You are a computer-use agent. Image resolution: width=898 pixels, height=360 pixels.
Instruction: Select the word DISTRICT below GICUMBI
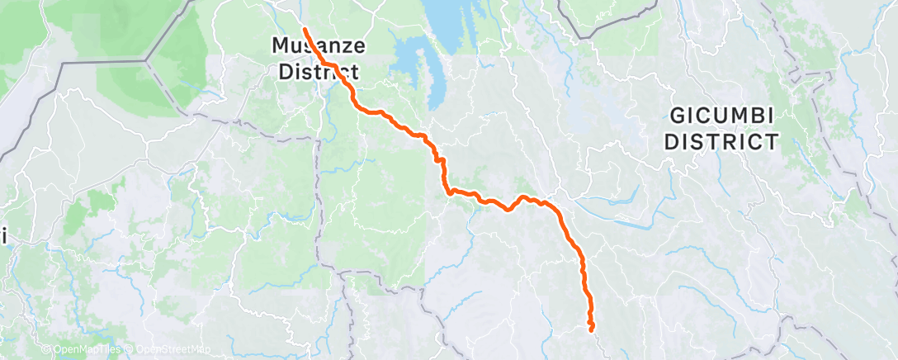(x=721, y=141)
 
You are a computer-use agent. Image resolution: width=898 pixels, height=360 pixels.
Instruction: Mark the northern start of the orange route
(x=305, y=29)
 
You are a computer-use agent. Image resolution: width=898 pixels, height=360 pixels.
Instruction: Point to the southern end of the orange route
(x=592, y=329)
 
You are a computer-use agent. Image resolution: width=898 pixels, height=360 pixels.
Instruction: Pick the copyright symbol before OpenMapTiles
(x=46, y=350)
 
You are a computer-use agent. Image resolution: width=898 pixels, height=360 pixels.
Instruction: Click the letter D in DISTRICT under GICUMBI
(x=672, y=141)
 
